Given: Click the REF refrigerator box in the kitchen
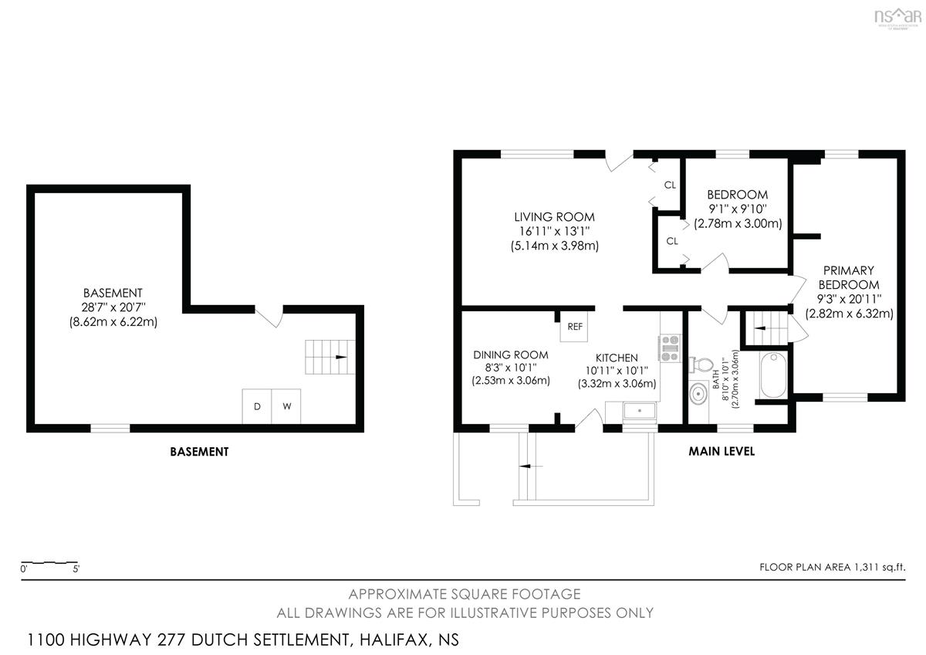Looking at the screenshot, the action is tap(574, 326).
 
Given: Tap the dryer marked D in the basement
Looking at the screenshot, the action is tap(257, 406).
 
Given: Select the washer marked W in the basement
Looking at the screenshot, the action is tap(286, 406).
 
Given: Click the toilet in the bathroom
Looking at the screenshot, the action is tap(701, 364).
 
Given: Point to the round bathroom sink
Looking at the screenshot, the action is tap(698, 393).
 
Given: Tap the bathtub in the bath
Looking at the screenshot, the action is tap(773, 375).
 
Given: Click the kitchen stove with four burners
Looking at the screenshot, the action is tap(670, 348).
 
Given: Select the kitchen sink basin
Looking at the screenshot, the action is tap(640, 411).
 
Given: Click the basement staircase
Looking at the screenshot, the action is tap(330, 357).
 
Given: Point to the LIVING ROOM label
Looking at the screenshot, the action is tap(554, 217).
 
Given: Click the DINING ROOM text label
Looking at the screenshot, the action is tap(511, 355).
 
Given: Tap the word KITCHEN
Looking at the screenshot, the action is tap(617, 358).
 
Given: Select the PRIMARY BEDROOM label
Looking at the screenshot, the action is tap(849, 277).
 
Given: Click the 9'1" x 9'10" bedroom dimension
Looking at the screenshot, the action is tap(738, 209).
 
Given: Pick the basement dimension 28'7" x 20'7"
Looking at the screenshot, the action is tap(113, 307).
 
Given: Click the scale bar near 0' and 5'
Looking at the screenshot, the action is tap(49, 563).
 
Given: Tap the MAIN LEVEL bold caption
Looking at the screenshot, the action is tap(722, 451).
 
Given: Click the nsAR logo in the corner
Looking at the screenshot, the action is tap(898, 18).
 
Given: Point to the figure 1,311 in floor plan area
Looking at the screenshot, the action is tap(867, 567).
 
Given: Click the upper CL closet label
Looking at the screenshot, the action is tap(670, 185).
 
